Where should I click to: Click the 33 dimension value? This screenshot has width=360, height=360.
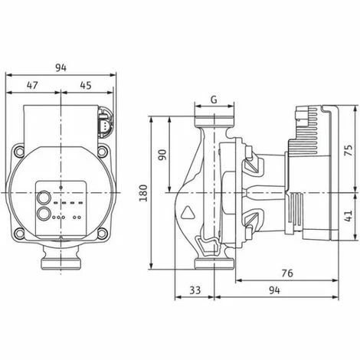tap(195, 291)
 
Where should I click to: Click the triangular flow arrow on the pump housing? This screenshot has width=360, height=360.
tap(189, 210)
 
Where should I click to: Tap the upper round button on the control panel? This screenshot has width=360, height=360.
tap(46, 194)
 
